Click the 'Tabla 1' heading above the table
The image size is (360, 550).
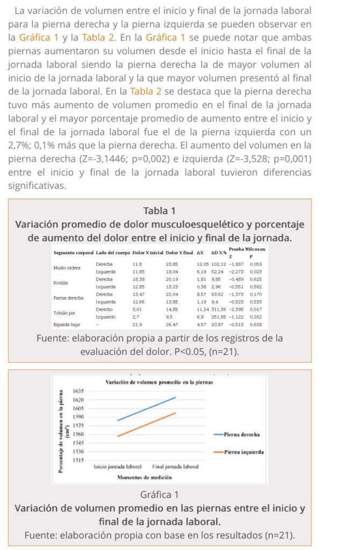pyautogui.click(x=160, y=211)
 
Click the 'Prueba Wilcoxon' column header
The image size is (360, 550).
pyautogui.click(x=247, y=249)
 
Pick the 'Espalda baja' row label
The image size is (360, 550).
pyautogui.click(x=66, y=325)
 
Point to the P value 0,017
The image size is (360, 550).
pyautogui.click(x=256, y=309)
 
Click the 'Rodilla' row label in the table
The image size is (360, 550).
pyautogui.click(x=60, y=283)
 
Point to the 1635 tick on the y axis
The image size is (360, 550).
pyautogui.click(x=78, y=391)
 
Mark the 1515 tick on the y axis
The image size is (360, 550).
pyautogui.click(x=78, y=460)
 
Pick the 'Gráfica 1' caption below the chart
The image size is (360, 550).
pyautogui.click(x=160, y=494)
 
